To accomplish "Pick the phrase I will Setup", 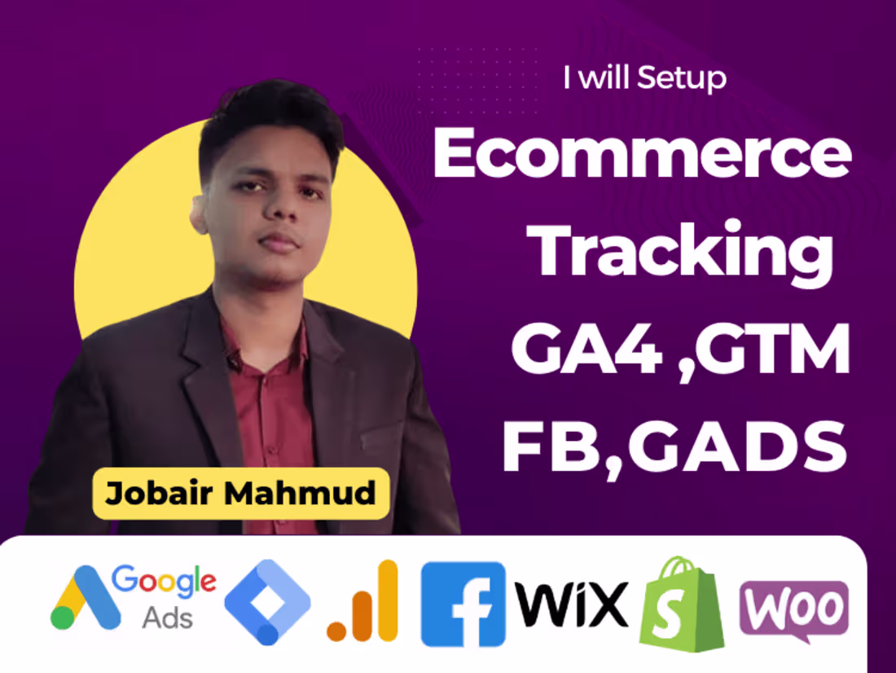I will click(643, 78).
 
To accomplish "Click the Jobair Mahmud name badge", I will click(239, 493).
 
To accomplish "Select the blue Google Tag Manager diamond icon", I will click(267, 601).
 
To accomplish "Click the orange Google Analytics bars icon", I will click(363, 601).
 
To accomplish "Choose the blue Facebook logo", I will click(463, 603).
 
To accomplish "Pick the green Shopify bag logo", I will click(683, 604).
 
